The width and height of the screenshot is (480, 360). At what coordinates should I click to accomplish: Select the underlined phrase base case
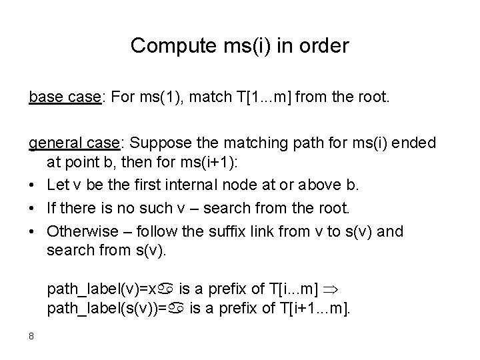point(63,97)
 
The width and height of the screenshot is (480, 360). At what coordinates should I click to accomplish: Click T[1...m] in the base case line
point(261,97)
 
